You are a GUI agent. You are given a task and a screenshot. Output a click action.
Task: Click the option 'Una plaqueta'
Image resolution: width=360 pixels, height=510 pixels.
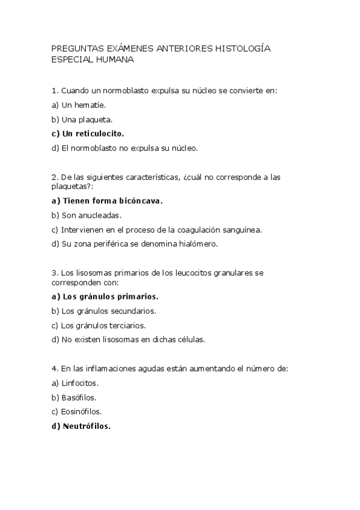82,119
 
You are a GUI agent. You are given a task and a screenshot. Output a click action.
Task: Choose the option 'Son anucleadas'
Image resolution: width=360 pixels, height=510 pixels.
87,215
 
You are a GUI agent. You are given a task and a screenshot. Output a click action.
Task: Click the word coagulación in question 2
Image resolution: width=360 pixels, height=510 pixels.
201,229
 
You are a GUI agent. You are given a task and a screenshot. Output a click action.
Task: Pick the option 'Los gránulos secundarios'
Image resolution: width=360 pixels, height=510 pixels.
103,311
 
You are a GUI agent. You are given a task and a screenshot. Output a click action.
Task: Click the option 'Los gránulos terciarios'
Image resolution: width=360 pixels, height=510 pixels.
99,325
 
